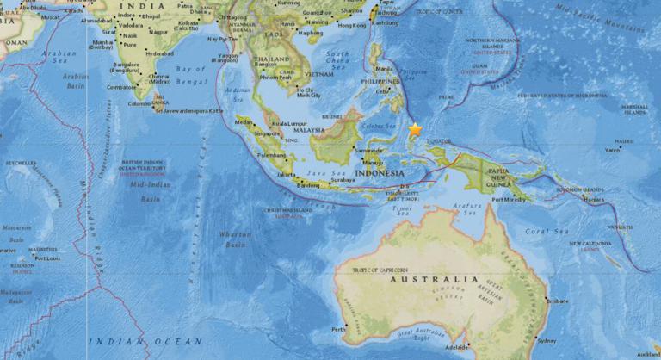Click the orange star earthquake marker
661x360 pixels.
pos(415,129)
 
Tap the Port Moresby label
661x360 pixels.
pos(508,200)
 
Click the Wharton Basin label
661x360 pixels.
pos(236,239)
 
